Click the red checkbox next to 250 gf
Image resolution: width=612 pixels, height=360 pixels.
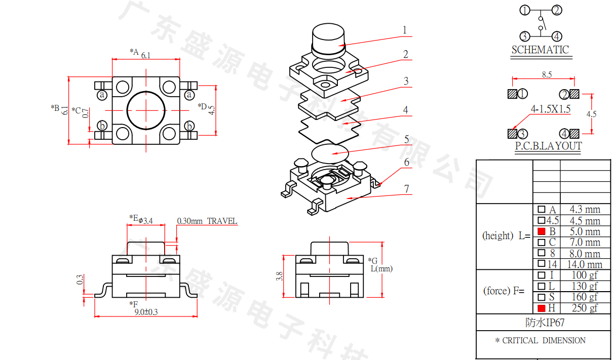(x=541, y=308)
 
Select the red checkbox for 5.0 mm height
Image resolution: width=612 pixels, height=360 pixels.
(x=541, y=231)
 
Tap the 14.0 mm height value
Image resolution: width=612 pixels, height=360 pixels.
(x=585, y=264)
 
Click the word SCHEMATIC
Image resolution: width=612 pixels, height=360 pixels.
(x=540, y=50)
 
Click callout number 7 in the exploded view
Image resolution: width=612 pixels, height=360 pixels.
(x=406, y=189)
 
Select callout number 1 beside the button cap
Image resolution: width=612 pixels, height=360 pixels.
(x=404, y=30)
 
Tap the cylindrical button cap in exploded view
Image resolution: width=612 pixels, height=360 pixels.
(x=327, y=37)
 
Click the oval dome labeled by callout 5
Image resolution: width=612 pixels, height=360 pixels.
(x=330, y=152)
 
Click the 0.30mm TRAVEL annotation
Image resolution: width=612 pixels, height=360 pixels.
(x=207, y=221)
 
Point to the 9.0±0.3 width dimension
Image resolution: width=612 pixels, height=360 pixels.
(x=146, y=312)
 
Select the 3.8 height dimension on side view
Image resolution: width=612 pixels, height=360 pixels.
(x=279, y=276)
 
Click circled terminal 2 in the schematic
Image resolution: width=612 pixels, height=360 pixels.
(x=556, y=10)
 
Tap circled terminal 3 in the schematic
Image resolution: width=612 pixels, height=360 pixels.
(x=524, y=36)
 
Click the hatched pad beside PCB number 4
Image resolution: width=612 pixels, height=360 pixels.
(x=574, y=134)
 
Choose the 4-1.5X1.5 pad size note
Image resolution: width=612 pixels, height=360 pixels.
(x=550, y=109)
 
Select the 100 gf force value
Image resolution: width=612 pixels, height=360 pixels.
(x=585, y=275)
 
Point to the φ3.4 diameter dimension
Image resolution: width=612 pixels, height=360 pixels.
(x=145, y=220)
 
